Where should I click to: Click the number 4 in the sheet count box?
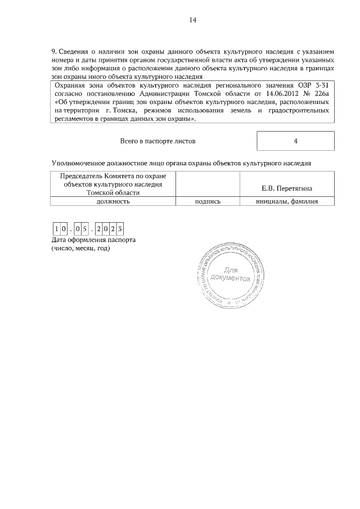(x=295, y=141)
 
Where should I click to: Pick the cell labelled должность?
(x=113, y=200)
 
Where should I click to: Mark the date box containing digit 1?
(x=57, y=229)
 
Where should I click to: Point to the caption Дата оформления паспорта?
(x=93, y=240)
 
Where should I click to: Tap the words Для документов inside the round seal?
(x=230, y=273)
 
